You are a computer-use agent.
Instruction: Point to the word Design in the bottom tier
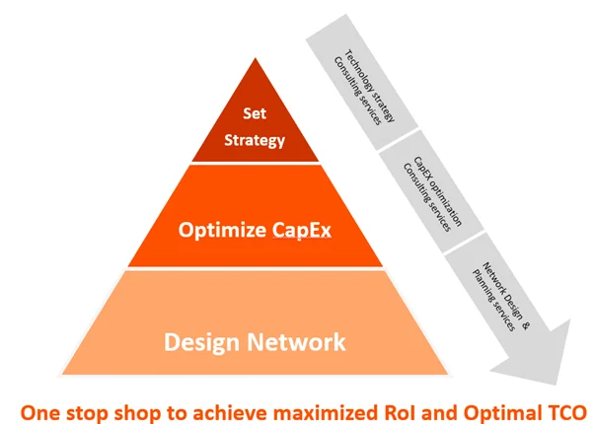(x=203, y=342)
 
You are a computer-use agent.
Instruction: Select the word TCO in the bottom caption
(x=565, y=408)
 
